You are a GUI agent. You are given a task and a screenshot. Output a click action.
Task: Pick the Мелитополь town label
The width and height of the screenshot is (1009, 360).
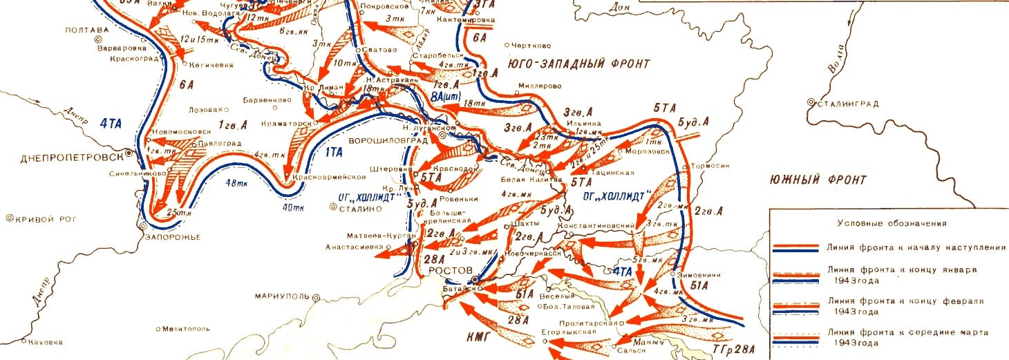pos(186,328)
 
